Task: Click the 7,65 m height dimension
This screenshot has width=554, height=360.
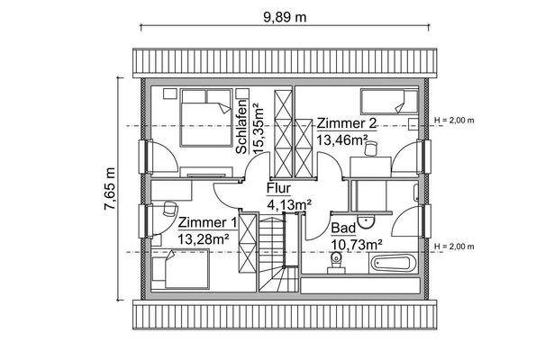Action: click(109, 189)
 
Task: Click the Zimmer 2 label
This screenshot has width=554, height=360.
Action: click(345, 124)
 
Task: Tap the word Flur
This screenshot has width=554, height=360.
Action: click(278, 189)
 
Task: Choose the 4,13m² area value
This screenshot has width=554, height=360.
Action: click(289, 204)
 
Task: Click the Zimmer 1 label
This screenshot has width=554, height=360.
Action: click(207, 222)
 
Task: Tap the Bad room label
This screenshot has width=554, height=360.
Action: click(342, 229)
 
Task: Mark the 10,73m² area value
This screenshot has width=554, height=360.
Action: click(356, 244)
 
